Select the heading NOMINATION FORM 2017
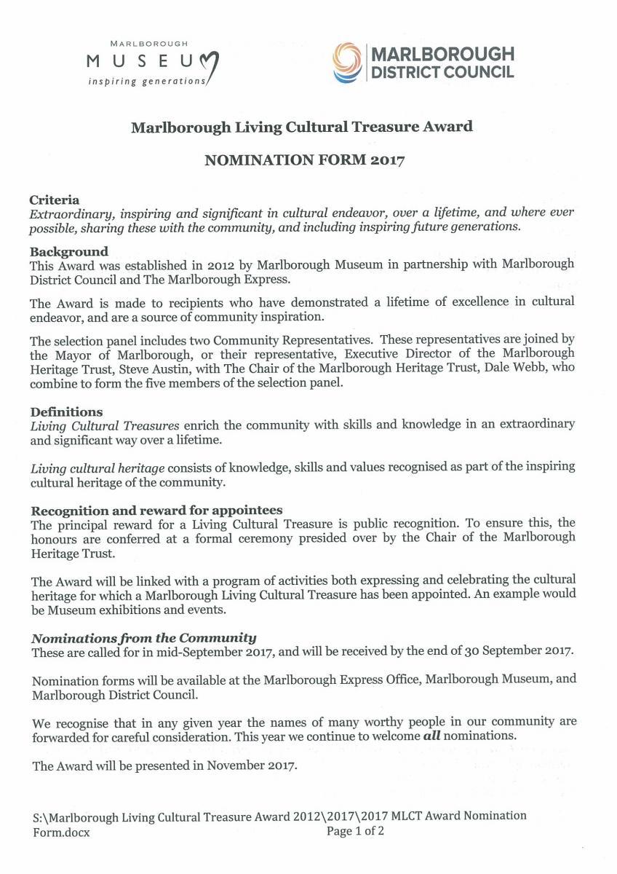pyautogui.click(x=304, y=161)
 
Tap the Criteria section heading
pyautogui.click(x=55, y=200)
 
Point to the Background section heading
pyautogui.click(x=69, y=252)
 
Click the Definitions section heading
pyautogui.click(x=66, y=412)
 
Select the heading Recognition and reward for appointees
pyautogui.click(x=156, y=510)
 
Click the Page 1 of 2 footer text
pyautogui.click(x=355, y=830)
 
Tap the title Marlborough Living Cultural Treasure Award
pyautogui.click(x=301, y=127)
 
